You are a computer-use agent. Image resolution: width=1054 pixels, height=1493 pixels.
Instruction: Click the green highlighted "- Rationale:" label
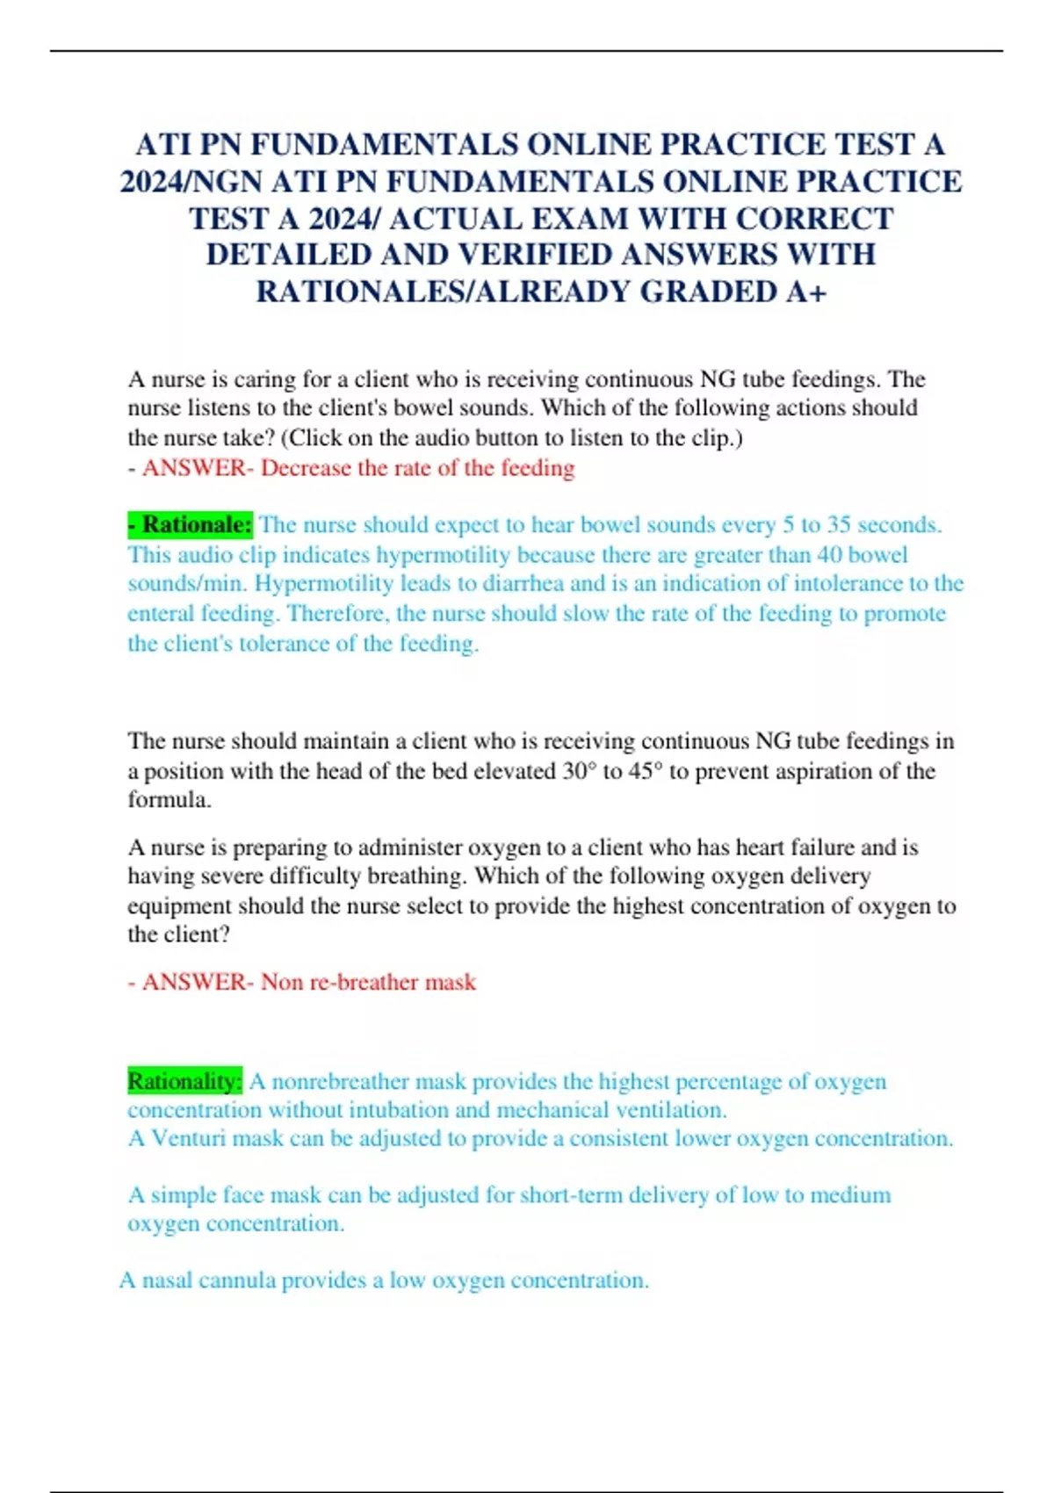click(x=190, y=524)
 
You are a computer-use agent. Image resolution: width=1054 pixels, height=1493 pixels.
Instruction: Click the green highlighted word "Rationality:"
click(x=184, y=1080)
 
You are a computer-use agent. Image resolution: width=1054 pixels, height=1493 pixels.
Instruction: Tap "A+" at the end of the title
click(x=805, y=292)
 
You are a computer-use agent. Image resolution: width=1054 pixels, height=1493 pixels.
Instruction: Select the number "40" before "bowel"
click(x=830, y=554)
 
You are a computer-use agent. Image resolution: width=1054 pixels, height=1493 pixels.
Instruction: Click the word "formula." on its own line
click(x=170, y=799)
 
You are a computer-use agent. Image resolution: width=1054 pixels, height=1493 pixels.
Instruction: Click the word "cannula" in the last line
click(x=235, y=1280)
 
